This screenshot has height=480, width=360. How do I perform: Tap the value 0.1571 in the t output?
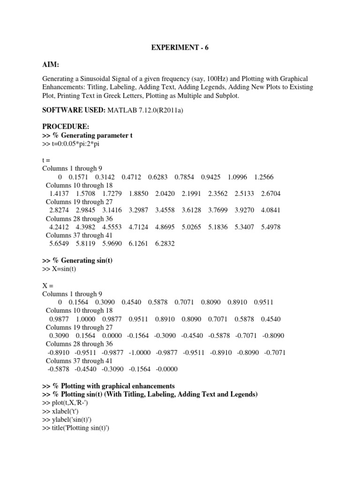(x=79, y=177)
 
